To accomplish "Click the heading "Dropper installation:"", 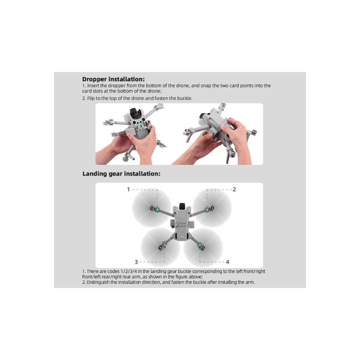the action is tap(113, 79).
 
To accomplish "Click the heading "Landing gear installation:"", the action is tap(121, 174).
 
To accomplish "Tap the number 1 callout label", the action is tap(129, 189).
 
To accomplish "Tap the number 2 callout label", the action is tap(234, 189).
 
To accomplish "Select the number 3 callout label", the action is tap(136, 262).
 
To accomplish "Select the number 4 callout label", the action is tap(227, 262).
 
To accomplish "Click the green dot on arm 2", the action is tap(207, 210).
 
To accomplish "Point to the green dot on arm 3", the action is tap(165, 246).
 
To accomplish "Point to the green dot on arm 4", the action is tap(200, 246).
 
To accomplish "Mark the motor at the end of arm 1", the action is tap(152, 208).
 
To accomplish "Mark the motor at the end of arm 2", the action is tap(212, 208).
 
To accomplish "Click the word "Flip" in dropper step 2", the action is tap(91, 98).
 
